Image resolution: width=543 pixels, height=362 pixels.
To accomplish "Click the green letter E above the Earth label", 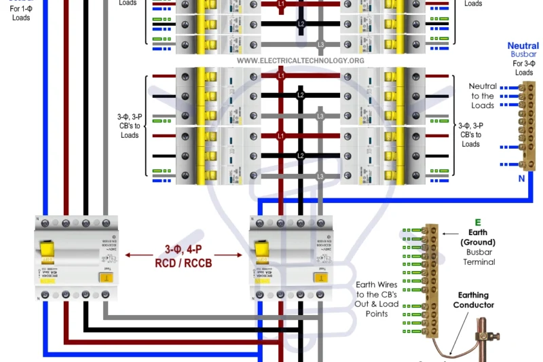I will pos(477,222).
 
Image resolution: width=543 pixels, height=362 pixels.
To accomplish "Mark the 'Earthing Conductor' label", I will pos(476,301).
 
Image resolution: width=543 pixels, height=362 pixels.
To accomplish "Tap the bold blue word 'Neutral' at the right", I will pos(523,46).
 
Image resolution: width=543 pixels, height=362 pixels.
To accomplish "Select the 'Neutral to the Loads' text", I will pos(483,96).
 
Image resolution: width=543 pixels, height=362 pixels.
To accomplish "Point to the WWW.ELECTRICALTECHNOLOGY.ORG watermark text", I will pos(301,60).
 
